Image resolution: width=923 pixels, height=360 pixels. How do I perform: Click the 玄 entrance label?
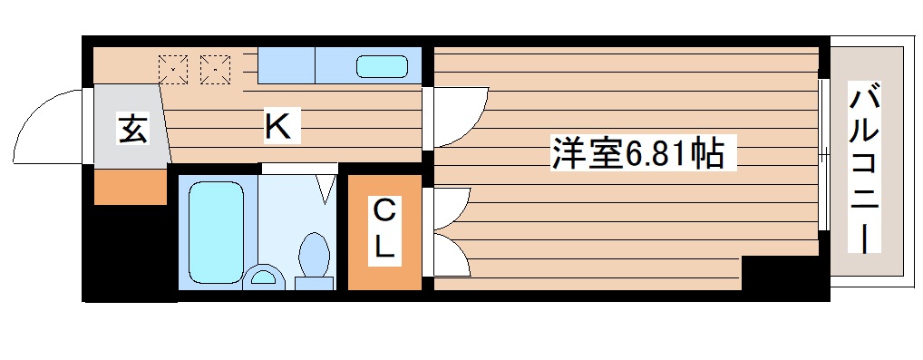coord(132,131)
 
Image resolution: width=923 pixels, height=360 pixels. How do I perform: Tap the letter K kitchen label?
coord(277,126)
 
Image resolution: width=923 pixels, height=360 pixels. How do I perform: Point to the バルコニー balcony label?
coord(865,169)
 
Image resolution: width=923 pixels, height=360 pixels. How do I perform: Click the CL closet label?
coord(384,230)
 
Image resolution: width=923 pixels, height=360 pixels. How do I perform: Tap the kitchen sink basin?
coord(381,66)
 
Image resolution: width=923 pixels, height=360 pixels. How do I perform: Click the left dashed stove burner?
coord(172,66)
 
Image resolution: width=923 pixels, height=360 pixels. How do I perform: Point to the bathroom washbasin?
coord(264,277)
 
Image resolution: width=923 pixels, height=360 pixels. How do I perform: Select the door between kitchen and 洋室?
coord(458,116)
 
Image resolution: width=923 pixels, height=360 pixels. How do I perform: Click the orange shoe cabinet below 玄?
coord(131,185)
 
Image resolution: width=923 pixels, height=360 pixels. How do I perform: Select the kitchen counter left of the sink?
coord(285,66)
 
